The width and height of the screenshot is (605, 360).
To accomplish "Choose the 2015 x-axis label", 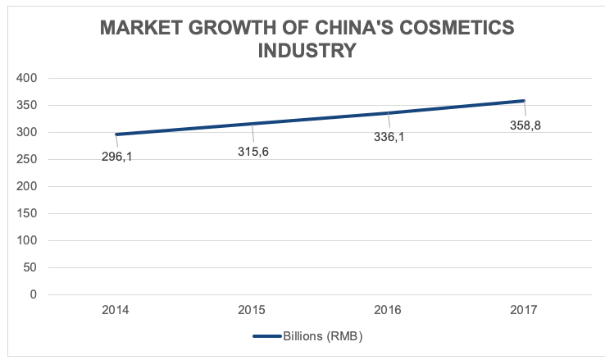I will coord(252,310).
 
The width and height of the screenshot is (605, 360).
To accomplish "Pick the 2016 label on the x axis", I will coord(389,310).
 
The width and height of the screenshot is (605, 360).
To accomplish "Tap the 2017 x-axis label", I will coord(524,310).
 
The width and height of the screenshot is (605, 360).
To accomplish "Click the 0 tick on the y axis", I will coord(34,294).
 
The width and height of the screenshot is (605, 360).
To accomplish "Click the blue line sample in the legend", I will coord(266,336).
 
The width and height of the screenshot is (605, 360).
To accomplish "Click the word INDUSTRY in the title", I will coord(307,50).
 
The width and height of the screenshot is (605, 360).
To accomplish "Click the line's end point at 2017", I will coord(523,101).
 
